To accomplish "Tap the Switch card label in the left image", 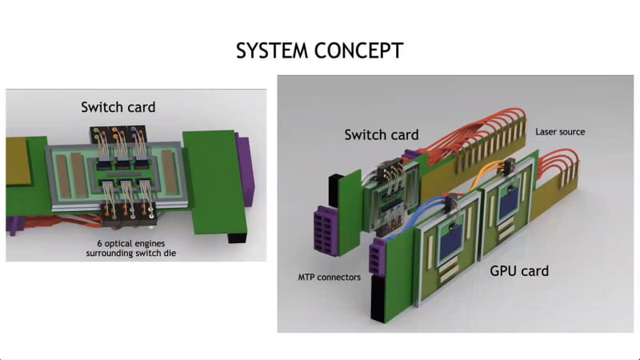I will point(118,106).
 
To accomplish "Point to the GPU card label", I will point(518,271).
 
